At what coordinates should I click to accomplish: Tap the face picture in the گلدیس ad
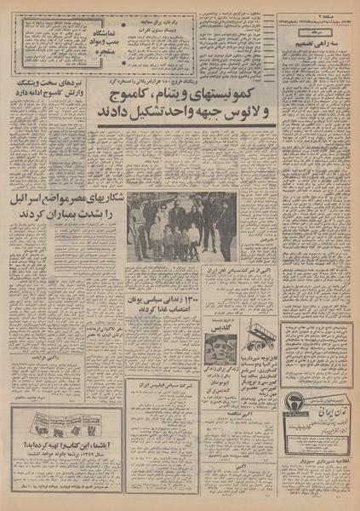pos(218,347)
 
